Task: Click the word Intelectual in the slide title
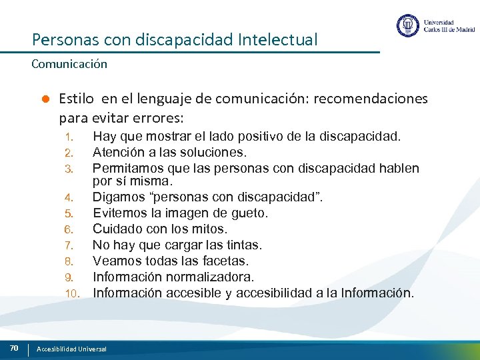(277, 40)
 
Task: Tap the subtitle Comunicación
(69, 65)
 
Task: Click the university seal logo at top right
(408, 26)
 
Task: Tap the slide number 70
(14, 347)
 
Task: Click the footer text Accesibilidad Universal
(71, 349)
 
